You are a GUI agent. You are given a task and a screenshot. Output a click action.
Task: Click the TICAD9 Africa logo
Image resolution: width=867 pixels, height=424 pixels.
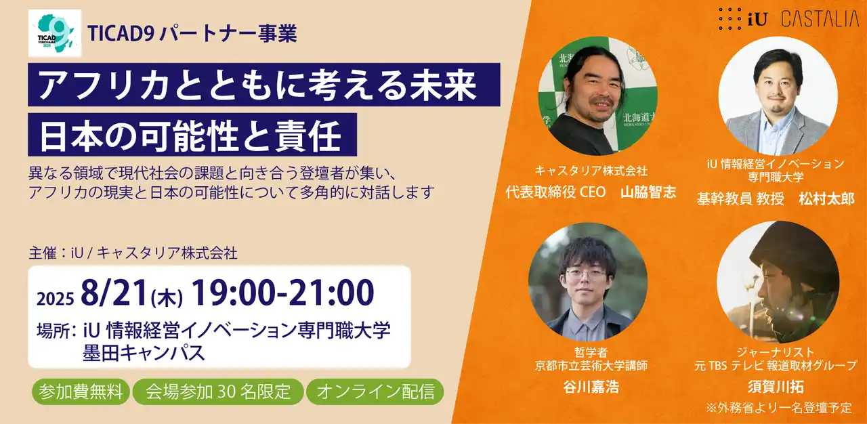coord(55,33)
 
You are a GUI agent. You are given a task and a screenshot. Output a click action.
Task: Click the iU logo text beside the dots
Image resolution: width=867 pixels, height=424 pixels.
coord(757,20)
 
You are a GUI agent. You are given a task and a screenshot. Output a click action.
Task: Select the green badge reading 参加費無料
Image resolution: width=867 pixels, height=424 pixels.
coord(81,392)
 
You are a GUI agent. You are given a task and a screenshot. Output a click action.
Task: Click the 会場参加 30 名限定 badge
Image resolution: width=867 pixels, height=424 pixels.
coord(218,392)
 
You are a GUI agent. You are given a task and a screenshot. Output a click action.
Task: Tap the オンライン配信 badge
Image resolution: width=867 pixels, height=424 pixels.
coord(375,392)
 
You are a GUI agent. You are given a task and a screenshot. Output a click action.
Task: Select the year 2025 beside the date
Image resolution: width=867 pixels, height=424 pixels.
coord(55,299)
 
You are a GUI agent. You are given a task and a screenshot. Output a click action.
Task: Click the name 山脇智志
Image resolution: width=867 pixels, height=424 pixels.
coord(648,192)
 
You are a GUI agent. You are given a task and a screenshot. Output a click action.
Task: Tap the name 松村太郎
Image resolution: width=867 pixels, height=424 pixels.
coord(826,199)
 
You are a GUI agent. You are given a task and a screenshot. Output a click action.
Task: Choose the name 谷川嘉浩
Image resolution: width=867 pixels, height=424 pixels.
coord(591,387)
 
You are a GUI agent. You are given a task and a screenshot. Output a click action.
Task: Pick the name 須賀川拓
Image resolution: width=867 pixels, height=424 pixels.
coord(776,387)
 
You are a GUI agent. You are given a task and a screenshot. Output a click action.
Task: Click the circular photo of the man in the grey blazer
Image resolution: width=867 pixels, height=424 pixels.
coord(778,96)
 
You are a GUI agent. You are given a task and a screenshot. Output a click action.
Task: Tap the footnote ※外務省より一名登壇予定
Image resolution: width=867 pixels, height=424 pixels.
coord(779,408)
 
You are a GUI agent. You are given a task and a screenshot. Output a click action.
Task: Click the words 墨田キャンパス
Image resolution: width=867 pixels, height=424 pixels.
coord(144,353)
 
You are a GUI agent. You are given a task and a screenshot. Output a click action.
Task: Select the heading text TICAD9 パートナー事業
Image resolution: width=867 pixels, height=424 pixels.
coord(192,33)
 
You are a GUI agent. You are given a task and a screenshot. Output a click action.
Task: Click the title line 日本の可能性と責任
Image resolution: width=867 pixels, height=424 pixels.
coord(190,135)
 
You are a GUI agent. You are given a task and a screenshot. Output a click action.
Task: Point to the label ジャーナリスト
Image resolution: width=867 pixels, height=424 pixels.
coord(776,352)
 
